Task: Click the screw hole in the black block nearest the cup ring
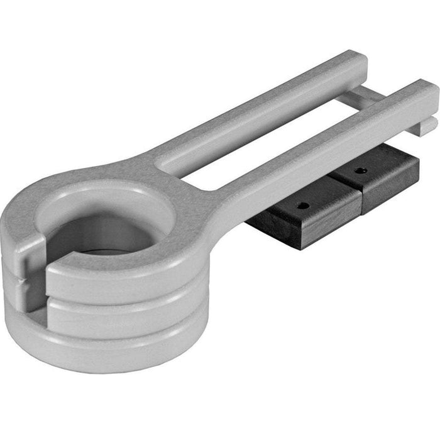pos(304,205)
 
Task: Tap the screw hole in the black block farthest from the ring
pos(361,170)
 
